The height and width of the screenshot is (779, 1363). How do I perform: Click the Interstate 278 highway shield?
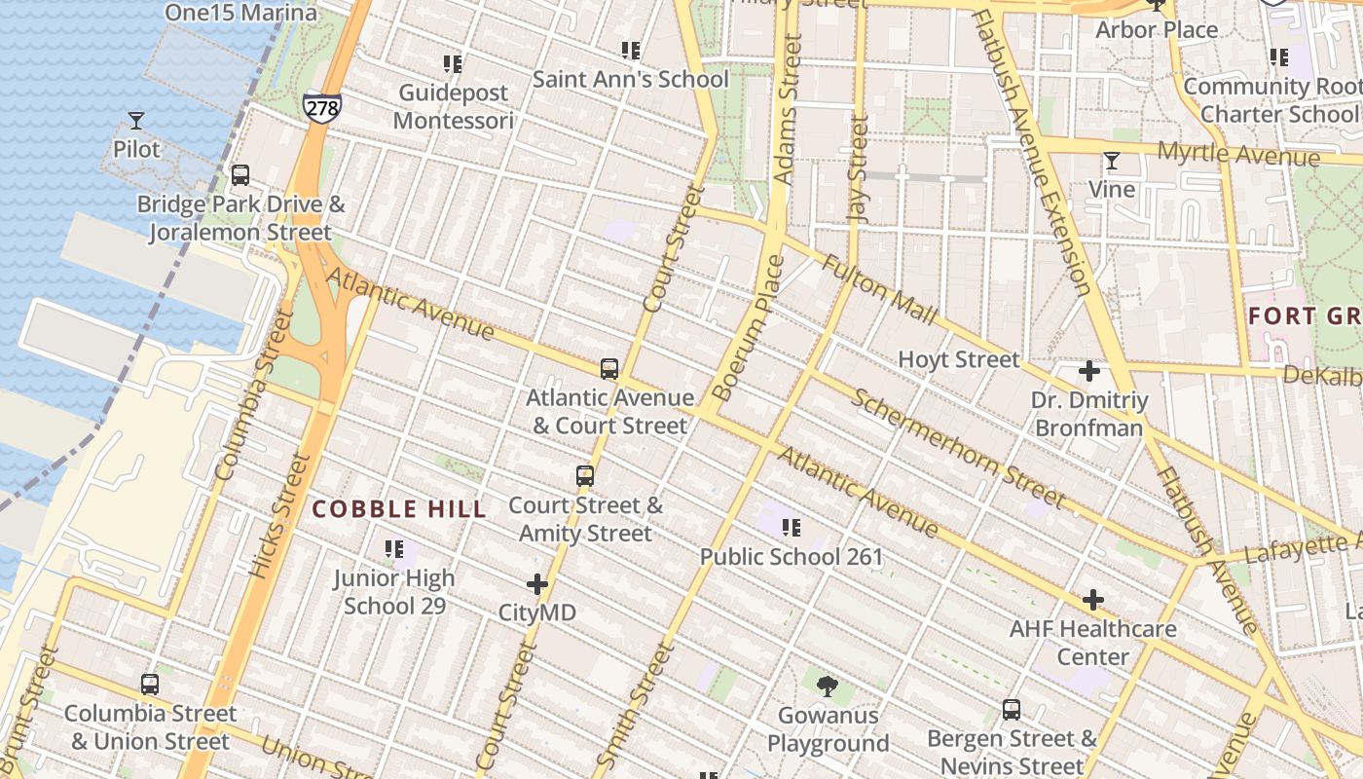[321, 106]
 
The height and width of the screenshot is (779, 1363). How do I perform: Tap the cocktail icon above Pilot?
[136, 121]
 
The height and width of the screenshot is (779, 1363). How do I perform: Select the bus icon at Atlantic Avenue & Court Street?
[609, 369]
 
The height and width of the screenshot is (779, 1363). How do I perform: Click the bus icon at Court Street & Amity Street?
[585, 476]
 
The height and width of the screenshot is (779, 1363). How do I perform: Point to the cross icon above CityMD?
[537, 584]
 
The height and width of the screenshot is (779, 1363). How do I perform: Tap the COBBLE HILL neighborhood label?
[399, 509]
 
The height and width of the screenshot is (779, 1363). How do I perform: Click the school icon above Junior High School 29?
[394, 549]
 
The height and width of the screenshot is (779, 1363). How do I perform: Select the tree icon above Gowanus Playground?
[828, 686]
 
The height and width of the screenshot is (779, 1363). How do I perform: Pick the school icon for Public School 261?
[792, 528]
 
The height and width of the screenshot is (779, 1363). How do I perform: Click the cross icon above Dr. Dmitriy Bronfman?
[1089, 371]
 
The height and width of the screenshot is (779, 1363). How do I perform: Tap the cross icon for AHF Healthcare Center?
[1093, 600]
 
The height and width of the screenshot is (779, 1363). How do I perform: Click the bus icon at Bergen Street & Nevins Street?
[1012, 710]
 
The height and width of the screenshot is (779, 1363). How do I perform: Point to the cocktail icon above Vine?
[1111, 161]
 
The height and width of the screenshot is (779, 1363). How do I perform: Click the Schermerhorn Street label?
[958, 448]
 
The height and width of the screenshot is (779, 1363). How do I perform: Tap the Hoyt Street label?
[959, 359]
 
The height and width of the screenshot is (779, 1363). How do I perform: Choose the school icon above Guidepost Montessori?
[453, 64]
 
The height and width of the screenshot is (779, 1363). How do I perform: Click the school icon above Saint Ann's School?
[631, 50]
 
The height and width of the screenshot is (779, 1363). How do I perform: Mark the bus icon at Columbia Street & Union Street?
[150, 685]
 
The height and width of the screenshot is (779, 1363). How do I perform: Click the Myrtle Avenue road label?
[1238, 153]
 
